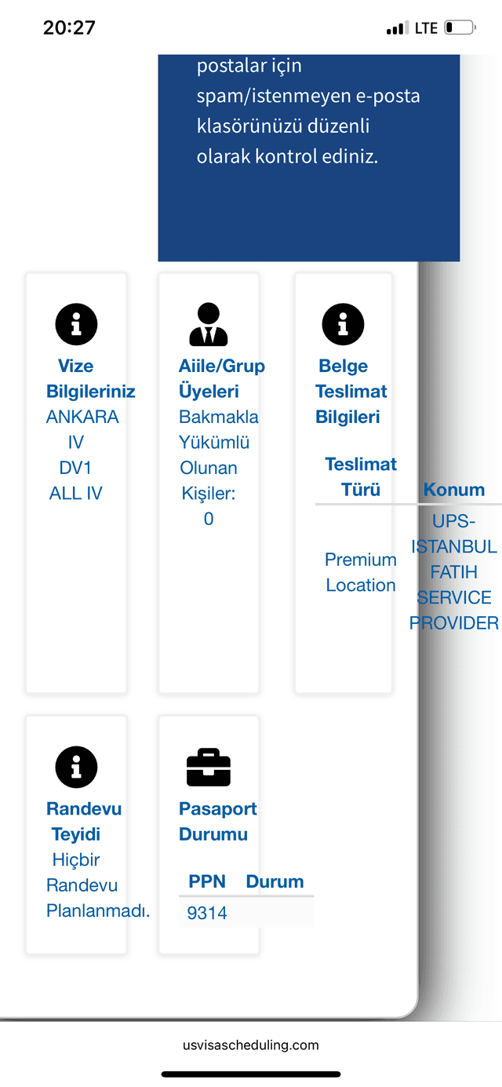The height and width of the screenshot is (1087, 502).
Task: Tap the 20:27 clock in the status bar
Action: pyautogui.click(x=69, y=27)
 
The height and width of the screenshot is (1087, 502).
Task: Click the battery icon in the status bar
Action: pyautogui.click(x=460, y=27)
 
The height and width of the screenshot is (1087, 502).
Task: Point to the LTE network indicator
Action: pyautogui.click(x=426, y=28)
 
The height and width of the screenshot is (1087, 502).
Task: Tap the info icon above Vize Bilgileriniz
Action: pyautogui.click(x=76, y=324)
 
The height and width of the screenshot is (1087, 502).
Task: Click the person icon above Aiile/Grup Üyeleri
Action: pyautogui.click(x=209, y=324)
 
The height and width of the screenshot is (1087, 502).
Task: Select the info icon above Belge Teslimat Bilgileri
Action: pyautogui.click(x=343, y=324)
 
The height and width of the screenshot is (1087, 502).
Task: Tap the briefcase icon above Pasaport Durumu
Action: pyautogui.click(x=209, y=768)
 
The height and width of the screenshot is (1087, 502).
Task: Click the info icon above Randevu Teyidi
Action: pyautogui.click(x=76, y=768)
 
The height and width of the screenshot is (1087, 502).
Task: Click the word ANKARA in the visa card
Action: pyautogui.click(x=82, y=417)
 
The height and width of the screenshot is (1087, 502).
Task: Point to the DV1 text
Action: pyautogui.click(x=75, y=468)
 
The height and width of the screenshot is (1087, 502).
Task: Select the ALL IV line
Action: pyautogui.click(x=75, y=494)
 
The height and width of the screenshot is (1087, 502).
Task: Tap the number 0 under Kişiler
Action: pyautogui.click(x=209, y=520)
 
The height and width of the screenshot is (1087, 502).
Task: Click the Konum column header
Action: pyautogui.click(x=454, y=490)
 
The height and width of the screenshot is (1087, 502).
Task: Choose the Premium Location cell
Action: pyautogui.click(x=360, y=573)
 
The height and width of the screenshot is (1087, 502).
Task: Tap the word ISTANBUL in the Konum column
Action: pyautogui.click(x=454, y=547)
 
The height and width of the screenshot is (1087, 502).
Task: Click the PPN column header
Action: pyautogui.click(x=207, y=881)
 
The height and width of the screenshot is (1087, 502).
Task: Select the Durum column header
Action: pyautogui.click(x=275, y=881)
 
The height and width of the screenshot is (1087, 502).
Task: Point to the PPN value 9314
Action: pyautogui.click(x=207, y=914)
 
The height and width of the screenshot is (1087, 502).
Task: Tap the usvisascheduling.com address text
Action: pyautogui.click(x=251, y=1045)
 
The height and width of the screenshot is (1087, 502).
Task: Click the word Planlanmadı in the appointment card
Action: pyautogui.click(x=98, y=911)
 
